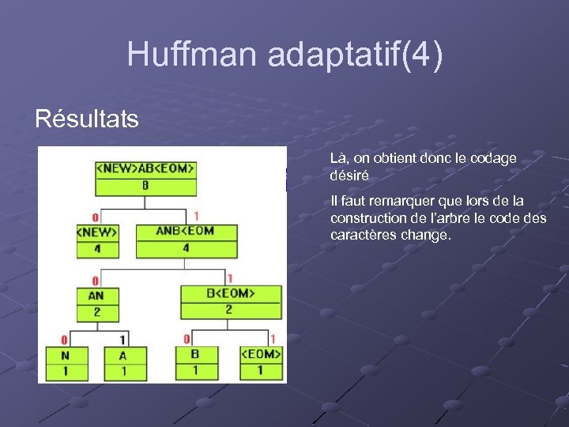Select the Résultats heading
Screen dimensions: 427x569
pos(87,119)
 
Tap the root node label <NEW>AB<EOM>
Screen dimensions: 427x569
pos(145,168)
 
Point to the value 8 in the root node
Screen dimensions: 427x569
pos(145,186)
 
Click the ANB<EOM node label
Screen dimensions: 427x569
pos(186,231)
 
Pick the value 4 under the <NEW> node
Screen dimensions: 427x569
pos(96,248)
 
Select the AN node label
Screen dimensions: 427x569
pos(96,295)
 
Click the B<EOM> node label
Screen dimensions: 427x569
pos(231,293)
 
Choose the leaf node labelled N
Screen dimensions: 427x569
pos(65,355)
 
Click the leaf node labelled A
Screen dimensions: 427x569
pos(122,355)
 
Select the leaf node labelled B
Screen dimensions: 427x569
pos(194,354)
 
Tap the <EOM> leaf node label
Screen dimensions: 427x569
pos(260,354)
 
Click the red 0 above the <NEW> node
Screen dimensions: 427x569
pos(95,217)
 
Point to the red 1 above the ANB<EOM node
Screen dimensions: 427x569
pos(195,215)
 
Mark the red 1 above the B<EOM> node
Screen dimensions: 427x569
pos(230,278)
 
